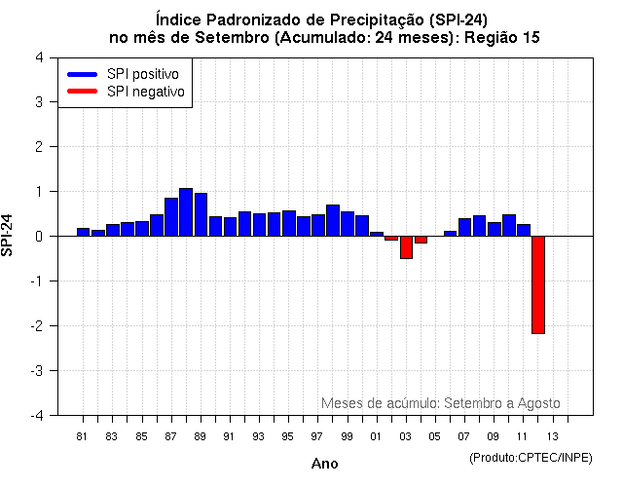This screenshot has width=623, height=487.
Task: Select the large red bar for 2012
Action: click(x=537, y=284)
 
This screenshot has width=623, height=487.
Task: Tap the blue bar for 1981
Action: click(x=83, y=232)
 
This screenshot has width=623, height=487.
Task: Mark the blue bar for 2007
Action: click(x=464, y=227)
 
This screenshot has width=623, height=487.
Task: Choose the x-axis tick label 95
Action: click(x=288, y=436)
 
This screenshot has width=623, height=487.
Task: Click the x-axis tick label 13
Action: click(x=552, y=436)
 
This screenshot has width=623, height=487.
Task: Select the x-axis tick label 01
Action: click(x=376, y=436)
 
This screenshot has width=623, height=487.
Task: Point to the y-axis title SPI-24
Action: click(x=9, y=236)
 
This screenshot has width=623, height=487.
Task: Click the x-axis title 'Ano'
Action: click(x=324, y=464)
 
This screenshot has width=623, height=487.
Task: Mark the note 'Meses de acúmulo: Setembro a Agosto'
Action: click(x=440, y=403)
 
